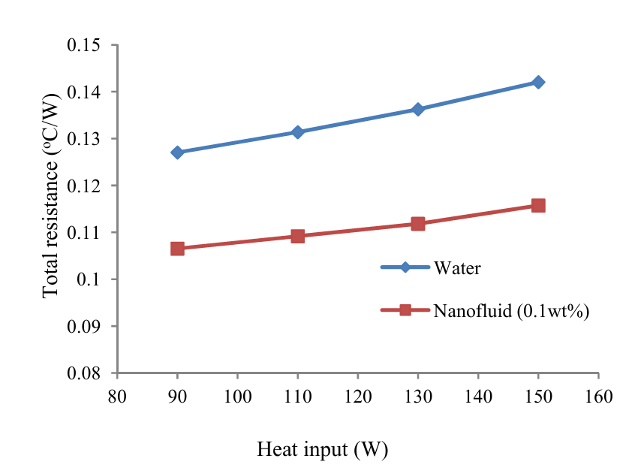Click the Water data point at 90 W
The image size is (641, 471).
[177, 152]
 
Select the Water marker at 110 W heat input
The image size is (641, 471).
[297, 132]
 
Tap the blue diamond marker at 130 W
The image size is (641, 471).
[418, 109]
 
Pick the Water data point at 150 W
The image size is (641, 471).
[538, 82]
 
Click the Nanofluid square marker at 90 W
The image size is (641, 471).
[177, 249]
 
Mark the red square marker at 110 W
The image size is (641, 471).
[297, 236]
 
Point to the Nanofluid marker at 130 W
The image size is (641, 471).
[418, 224]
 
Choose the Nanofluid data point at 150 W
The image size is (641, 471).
[538, 205]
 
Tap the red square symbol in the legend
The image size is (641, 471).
[405, 309]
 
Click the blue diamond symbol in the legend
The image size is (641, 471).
[405, 267]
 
